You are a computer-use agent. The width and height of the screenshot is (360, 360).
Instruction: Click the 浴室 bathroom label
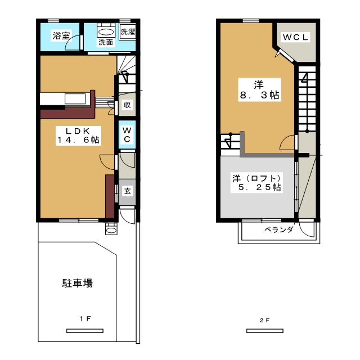[x=61, y=36]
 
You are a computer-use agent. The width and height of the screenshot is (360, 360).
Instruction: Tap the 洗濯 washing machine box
[x=128, y=31]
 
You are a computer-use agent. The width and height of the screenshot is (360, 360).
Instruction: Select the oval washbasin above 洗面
[x=106, y=32]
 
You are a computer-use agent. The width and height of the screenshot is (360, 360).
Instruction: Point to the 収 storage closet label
[x=127, y=105]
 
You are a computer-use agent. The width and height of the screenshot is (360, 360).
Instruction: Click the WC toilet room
[x=127, y=135]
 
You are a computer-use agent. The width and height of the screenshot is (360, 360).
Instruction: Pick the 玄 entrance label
[x=128, y=191]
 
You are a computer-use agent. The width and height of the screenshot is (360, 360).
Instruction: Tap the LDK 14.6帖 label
[x=78, y=135]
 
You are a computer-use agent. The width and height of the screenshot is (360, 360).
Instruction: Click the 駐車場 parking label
[x=78, y=283]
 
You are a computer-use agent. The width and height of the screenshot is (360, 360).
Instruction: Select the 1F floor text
[x=85, y=319]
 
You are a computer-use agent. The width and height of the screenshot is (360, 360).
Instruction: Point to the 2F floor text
[x=265, y=320]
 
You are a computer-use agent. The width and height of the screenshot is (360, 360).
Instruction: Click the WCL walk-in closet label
[x=295, y=37]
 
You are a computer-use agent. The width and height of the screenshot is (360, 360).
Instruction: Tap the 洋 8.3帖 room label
[x=259, y=90]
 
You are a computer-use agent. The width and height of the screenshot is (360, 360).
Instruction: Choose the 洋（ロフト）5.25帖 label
[x=256, y=183]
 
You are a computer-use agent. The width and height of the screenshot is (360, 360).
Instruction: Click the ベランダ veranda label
[x=279, y=229]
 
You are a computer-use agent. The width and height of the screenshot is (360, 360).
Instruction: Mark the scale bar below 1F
[x=85, y=331]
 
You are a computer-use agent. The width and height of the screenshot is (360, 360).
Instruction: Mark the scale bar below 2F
[x=265, y=331]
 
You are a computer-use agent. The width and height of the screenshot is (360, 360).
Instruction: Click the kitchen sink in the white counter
[x=75, y=99]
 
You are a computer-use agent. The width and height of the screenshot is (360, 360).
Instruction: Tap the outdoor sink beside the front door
[x=111, y=229]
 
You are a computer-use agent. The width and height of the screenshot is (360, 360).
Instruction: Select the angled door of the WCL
[x=286, y=56]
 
